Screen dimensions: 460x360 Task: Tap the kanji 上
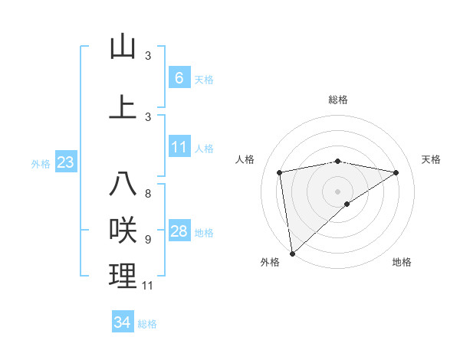pos(123,107)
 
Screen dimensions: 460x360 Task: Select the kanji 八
pos(123,185)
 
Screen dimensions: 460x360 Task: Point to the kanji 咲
pos(123,231)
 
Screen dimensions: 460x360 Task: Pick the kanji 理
pos(123,277)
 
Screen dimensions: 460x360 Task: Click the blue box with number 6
pos(179,77)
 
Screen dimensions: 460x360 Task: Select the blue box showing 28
pos(179,231)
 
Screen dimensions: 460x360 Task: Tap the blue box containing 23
pos(65,162)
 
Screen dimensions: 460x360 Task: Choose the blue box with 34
pos(123,322)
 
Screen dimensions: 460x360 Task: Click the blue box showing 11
pos(179,147)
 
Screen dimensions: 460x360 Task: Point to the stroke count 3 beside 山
pos(148,55)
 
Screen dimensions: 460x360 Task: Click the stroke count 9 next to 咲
pos(148,240)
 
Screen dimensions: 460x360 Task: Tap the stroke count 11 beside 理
pos(148,286)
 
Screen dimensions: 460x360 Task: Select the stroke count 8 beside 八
pos(148,194)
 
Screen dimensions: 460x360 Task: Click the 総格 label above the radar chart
pos(337,100)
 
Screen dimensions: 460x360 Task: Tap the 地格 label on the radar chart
pos(402,262)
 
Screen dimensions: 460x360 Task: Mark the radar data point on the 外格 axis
pos(292,253)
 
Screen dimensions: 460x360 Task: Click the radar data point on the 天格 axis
pos(396,172)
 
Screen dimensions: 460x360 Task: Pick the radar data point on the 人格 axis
pos(280,172)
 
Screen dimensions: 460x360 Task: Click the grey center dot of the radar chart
pos(337,191)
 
